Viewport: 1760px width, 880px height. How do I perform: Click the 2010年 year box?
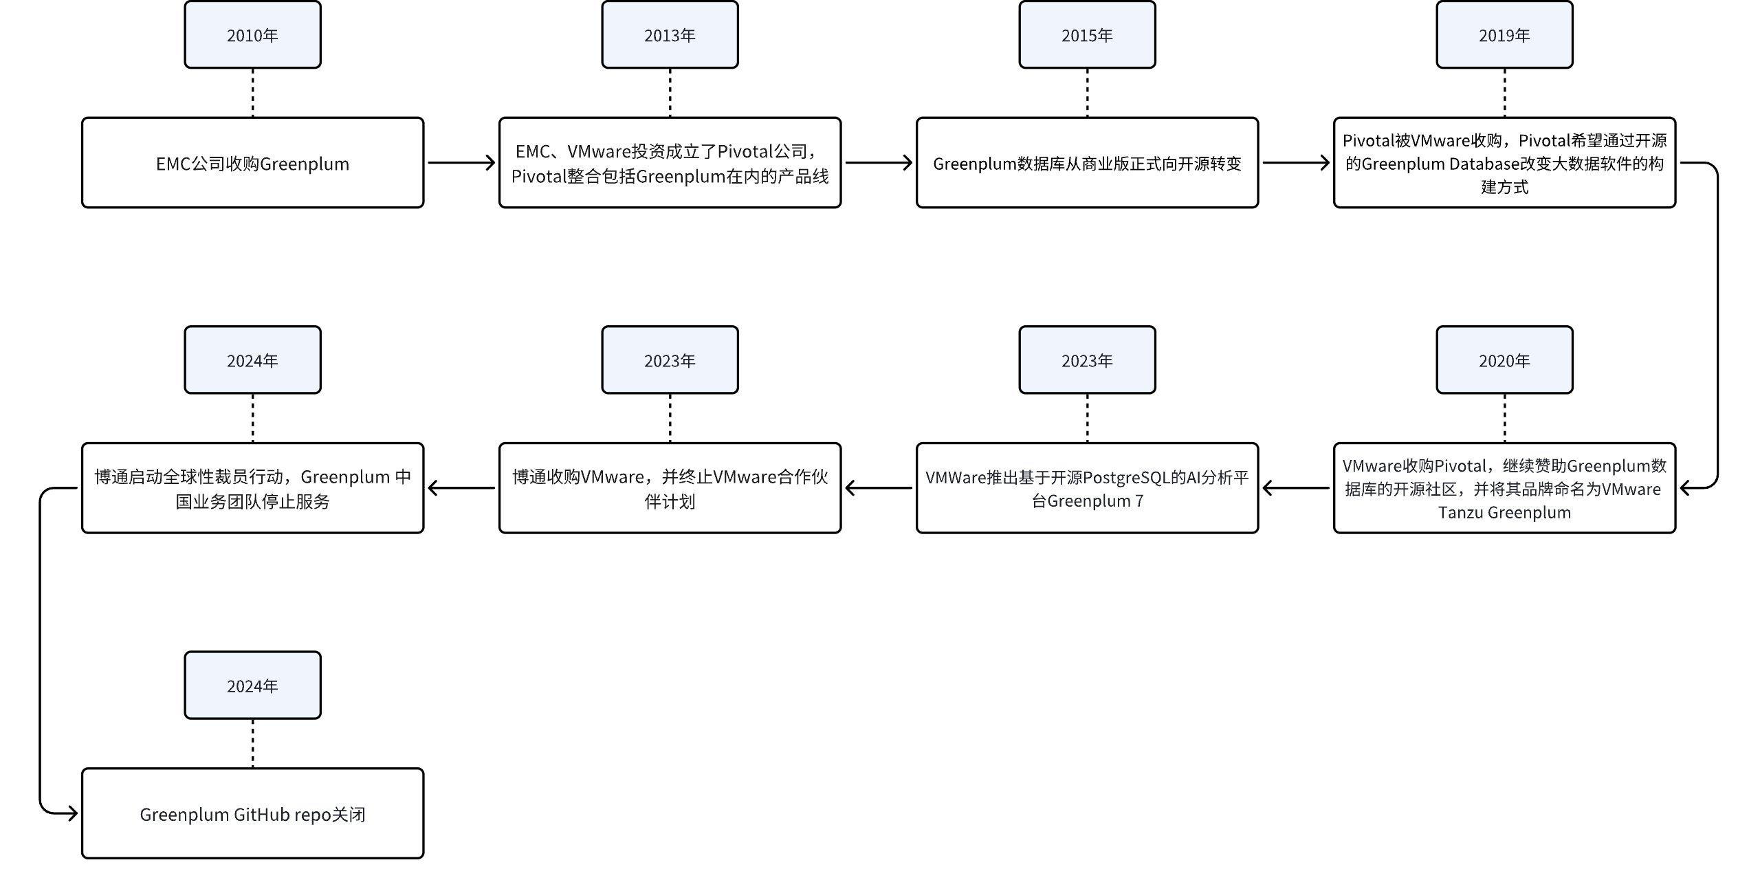coord(252,35)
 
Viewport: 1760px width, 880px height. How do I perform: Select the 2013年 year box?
coord(670,35)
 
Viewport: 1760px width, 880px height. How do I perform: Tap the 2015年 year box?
coord(1087,35)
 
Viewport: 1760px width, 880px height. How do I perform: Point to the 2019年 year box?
coord(1504,35)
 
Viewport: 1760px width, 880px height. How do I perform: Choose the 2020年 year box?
coord(1504,360)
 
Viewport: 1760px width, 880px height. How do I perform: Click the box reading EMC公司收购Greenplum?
coord(252,163)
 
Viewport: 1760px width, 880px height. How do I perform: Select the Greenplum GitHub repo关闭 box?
coord(252,813)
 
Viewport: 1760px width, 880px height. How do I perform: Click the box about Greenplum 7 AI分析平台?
coord(1087,488)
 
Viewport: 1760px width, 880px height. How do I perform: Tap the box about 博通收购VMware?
coord(670,488)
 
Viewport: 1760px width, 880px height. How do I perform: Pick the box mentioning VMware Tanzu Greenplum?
coord(1504,488)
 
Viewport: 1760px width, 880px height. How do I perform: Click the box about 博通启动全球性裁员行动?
coord(252,488)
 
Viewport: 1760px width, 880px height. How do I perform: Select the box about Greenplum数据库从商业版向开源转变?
coord(1087,163)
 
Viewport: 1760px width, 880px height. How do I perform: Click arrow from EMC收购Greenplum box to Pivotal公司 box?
coord(461,163)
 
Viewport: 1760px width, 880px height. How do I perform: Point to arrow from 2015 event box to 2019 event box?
coord(1295,163)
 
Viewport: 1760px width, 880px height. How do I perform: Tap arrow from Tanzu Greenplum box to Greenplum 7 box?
coord(1295,488)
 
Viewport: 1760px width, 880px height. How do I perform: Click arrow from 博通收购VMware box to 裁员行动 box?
coord(461,488)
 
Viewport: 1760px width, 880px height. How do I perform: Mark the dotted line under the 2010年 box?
coord(252,93)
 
